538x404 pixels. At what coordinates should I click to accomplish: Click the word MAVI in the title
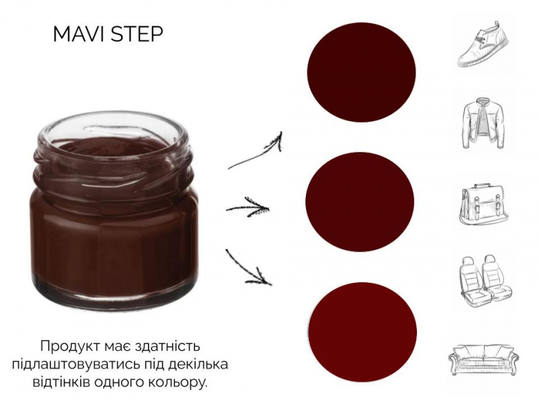(79, 34)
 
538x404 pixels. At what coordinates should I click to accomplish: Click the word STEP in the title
(137, 34)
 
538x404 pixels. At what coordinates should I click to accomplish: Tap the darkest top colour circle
(361, 72)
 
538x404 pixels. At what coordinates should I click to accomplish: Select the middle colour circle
(360, 201)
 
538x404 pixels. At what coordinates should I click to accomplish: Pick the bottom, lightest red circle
(362, 332)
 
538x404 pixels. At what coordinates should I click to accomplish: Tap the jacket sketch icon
(484, 123)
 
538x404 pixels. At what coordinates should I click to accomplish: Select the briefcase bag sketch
(484, 205)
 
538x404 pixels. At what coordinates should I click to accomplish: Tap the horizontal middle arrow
(247, 207)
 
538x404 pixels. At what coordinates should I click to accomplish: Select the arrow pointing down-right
(247, 269)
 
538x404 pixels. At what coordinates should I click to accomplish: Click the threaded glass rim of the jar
(112, 162)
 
